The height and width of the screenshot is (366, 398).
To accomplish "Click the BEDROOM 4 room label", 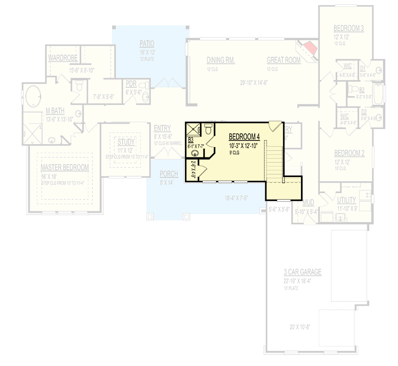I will pos(244,136).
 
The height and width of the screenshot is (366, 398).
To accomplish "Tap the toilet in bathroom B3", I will pos(208,130).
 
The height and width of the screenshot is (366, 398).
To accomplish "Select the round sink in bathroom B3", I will pos(196,154).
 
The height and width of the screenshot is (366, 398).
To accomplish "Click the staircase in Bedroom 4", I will pos(275,158).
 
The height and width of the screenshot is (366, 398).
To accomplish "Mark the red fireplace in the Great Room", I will pos(310,47).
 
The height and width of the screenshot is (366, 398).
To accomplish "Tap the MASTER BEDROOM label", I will pos(65,167).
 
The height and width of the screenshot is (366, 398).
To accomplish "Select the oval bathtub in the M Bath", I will pos(33,97).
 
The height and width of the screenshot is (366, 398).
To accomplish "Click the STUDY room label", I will pos(125,142).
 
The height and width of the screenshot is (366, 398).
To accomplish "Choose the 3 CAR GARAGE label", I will pos(302,272).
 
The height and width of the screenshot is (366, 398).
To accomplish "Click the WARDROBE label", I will pos(63,58).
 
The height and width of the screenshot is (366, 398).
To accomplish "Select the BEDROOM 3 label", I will pos(349,28).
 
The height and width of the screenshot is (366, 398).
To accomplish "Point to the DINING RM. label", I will pos(221,60).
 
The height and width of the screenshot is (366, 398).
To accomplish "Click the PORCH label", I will pos(169,174).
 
